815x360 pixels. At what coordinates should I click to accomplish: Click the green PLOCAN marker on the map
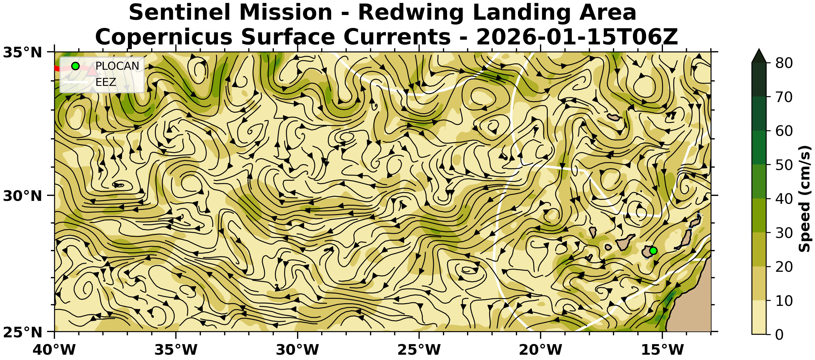653,251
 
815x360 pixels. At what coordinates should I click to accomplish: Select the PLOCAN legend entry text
117,66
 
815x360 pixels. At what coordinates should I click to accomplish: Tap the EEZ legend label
106,82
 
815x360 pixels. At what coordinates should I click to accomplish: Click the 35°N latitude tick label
22,53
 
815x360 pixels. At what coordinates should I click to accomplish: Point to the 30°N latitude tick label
22,196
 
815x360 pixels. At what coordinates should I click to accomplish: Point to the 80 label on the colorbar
784,63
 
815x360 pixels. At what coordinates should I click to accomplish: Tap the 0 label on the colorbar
780,334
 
